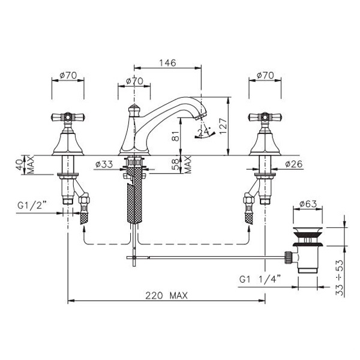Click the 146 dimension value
(167, 62)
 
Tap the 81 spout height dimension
(175, 136)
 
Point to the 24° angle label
(204, 132)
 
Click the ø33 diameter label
(104, 164)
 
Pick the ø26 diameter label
(294, 164)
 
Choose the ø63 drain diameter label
(308, 203)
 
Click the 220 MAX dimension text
(166, 295)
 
